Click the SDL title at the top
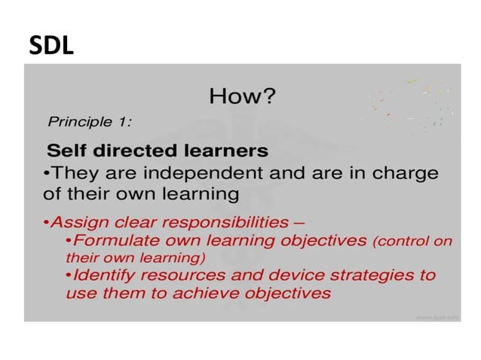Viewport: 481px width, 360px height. (x=51, y=46)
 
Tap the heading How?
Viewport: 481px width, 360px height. (x=242, y=96)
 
